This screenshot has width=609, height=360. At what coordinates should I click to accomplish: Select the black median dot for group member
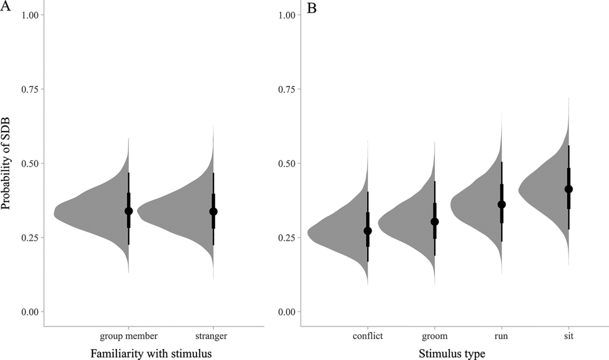click(x=128, y=211)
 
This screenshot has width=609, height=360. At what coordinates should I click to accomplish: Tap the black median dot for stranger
click(x=213, y=211)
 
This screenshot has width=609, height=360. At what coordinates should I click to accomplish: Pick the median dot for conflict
click(x=367, y=231)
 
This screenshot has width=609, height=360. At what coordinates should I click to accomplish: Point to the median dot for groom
click(x=434, y=221)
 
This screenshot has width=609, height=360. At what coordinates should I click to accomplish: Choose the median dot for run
click(x=502, y=204)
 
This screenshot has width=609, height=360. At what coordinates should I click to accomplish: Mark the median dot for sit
click(x=568, y=189)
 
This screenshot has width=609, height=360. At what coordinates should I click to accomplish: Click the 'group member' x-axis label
click(x=128, y=336)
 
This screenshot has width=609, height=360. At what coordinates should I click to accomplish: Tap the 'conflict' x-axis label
click(x=367, y=336)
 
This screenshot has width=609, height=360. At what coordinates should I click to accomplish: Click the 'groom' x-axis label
click(x=434, y=336)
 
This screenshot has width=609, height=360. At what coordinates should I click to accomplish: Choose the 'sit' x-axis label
click(x=568, y=336)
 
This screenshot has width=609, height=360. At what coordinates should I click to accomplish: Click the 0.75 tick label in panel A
click(x=30, y=89)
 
